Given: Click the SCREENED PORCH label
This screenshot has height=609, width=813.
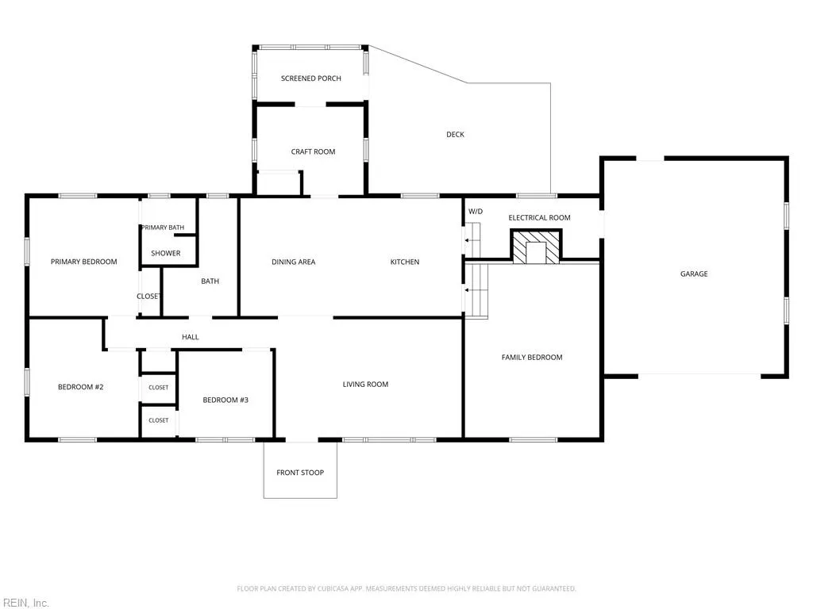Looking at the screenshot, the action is point(311,79).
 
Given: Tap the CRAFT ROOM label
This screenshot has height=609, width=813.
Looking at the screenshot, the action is point(313,151).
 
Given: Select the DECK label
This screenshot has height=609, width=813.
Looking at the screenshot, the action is point(455,135).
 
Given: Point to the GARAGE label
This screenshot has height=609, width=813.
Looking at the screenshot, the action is point(694,274).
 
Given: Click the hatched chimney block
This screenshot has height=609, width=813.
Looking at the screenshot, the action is point(537,247).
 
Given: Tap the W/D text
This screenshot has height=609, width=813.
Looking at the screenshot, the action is point(476,211).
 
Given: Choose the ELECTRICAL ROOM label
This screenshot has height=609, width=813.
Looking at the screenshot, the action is point(539,218).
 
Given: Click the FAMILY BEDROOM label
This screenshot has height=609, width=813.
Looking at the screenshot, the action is point(532,358).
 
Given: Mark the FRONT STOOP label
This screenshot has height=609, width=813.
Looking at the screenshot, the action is point(300,473).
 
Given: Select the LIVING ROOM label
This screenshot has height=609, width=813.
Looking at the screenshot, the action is point(365,385).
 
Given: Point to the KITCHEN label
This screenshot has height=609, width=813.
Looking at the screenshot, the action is point(405,262).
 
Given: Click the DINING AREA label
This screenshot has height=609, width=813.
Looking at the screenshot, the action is point(294,262).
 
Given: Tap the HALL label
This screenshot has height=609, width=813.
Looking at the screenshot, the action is point(191,337).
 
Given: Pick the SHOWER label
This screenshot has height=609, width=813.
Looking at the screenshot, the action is point(166,253).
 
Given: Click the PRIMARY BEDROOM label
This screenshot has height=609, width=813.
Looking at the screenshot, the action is point(84,262).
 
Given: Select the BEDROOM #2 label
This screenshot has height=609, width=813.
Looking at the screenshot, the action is point(81,387).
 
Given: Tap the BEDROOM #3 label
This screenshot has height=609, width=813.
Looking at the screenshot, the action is point(225,400).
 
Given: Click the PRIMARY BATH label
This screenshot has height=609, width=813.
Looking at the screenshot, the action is point(163,228).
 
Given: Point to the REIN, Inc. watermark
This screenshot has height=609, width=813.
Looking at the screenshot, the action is point(25,603).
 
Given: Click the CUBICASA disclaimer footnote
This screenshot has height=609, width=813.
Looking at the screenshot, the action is point(406,589).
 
